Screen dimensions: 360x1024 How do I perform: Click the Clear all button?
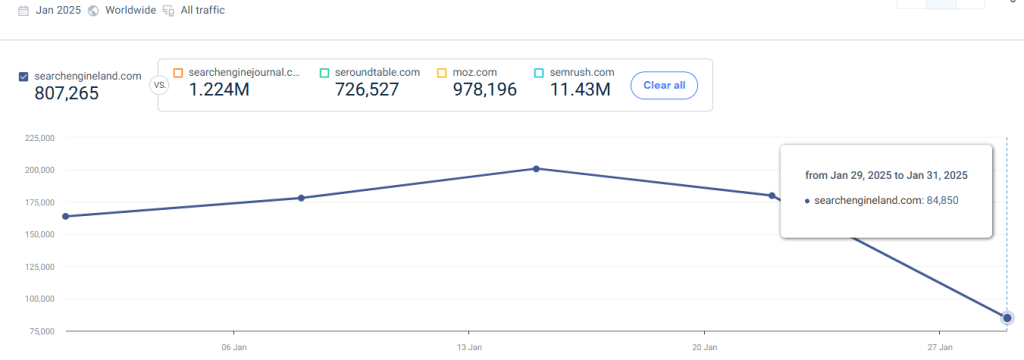664,85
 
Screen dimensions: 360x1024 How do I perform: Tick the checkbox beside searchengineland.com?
24,76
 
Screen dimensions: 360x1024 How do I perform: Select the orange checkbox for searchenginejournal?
178,72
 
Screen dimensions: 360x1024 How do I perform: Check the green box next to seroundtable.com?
324,72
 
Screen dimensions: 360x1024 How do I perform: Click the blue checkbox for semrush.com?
539,72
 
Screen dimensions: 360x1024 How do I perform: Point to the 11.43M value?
580,91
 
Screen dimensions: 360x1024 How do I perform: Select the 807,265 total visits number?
66,95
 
